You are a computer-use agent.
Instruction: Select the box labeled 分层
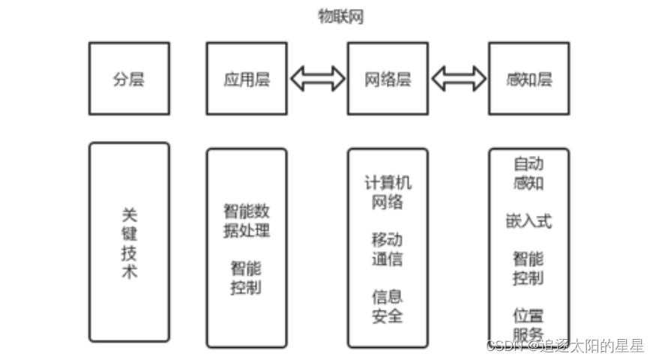point(129,78)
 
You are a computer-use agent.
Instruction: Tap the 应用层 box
point(246,78)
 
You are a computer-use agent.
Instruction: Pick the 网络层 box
point(388,78)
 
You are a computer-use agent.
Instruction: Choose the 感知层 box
point(529,78)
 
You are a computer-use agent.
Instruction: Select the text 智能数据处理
point(246,220)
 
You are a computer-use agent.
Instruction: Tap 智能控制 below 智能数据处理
point(246,277)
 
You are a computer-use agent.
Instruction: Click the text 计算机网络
point(388,191)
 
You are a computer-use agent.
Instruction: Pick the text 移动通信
point(388,249)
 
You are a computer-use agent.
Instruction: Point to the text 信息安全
point(388,305)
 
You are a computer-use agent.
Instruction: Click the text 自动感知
point(529,172)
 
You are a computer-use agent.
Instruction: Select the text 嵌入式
point(529,220)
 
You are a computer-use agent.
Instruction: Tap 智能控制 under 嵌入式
point(529,268)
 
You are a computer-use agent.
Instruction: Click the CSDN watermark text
point(564,346)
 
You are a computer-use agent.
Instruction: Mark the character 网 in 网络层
point(373,78)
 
